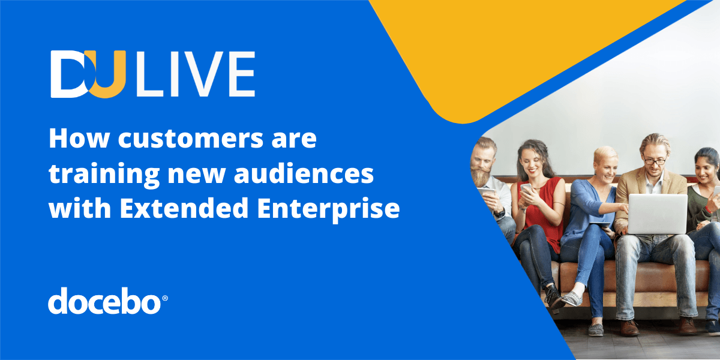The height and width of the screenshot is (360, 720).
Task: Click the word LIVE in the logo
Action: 196,74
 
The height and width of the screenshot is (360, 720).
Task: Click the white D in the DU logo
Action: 71,74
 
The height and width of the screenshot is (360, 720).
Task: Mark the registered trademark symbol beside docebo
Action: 165,297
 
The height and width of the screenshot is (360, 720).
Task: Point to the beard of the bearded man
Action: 479,176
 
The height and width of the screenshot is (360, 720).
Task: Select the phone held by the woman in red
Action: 526,188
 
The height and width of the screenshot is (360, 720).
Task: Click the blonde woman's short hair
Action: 605,154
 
